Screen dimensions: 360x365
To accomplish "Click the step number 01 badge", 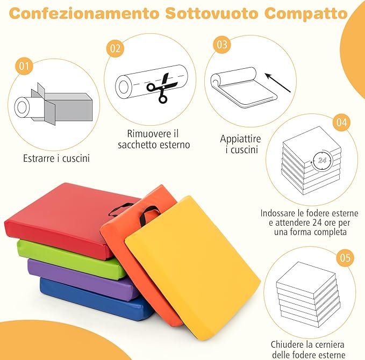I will pyautogui.click(x=23, y=67).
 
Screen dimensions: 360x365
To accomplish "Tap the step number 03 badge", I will pyautogui.click(x=221, y=45).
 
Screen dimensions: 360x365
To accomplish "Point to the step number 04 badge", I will pyautogui.click(x=340, y=122).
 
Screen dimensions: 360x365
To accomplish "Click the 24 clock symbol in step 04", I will pyautogui.click(x=321, y=160).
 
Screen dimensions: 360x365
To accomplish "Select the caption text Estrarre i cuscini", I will pyautogui.click(x=56, y=159).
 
